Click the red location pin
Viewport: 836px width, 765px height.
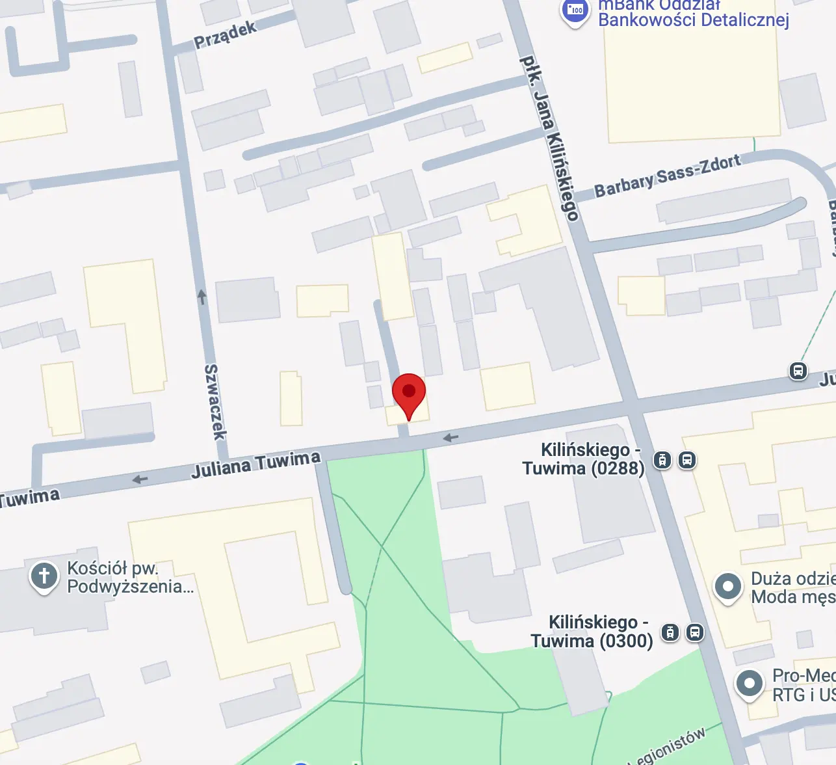click(x=409, y=392)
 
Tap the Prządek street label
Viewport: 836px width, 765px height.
click(x=226, y=34)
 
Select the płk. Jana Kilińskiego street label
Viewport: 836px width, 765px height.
click(x=549, y=138)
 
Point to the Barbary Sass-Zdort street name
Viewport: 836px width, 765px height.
click(x=667, y=175)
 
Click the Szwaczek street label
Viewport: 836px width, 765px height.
click(x=215, y=401)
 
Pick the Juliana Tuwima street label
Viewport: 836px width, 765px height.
click(x=255, y=464)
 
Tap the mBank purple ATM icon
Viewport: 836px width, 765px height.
click(x=575, y=12)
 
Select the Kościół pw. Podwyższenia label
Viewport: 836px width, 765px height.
click(x=130, y=577)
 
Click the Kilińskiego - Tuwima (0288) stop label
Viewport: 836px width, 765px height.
click(x=584, y=459)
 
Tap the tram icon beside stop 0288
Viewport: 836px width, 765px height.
click(x=662, y=460)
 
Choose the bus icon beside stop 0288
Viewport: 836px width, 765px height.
click(x=687, y=460)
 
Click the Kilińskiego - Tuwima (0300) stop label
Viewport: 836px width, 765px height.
click(x=592, y=632)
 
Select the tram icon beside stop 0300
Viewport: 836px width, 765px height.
click(x=670, y=632)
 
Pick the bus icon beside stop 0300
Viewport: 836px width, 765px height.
click(x=695, y=632)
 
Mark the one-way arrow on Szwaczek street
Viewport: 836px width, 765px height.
click(x=202, y=297)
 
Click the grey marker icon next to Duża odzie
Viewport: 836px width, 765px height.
click(x=728, y=587)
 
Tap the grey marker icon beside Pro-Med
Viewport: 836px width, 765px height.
click(x=749, y=684)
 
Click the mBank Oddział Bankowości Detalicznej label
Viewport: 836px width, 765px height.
click(x=693, y=14)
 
